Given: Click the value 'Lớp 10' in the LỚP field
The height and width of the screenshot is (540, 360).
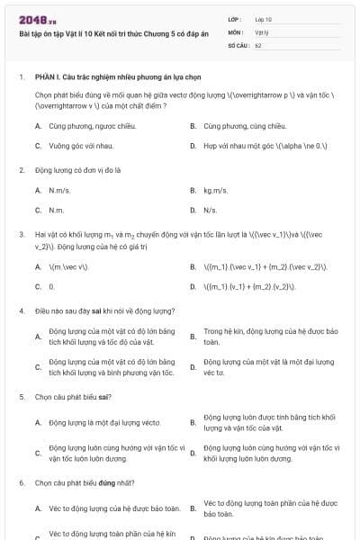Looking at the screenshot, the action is click(x=264, y=18).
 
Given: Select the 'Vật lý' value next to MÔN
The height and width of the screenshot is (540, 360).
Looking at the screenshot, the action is click(x=262, y=31).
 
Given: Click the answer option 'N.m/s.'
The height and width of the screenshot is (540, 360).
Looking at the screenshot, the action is click(x=60, y=190).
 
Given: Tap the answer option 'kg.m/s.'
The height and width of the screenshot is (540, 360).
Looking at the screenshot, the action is click(x=215, y=190).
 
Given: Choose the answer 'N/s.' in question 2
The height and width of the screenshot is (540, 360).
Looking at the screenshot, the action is click(x=211, y=210).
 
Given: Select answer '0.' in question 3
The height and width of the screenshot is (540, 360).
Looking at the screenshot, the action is click(x=52, y=286).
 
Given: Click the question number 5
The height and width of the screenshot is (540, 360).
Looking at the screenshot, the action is click(x=22, y=396).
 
